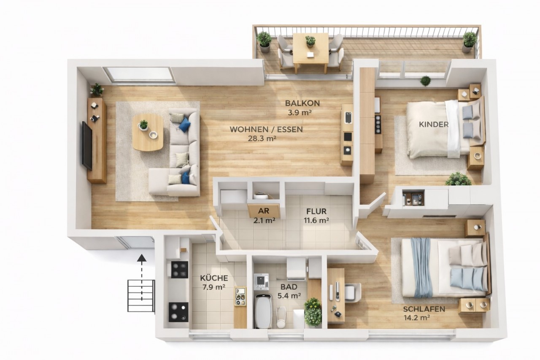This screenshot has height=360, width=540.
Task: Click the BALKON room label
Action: pos(302,103)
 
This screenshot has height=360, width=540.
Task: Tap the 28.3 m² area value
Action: pos(262,139)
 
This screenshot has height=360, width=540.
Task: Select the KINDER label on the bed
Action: pos(434,125)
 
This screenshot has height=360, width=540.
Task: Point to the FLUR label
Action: pos(316,211)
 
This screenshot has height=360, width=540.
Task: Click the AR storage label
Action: pos(264,211)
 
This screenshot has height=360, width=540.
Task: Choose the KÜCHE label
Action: pos(214,278)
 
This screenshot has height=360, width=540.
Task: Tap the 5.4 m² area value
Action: pos(289,296)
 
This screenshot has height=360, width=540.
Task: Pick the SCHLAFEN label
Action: pos(424,309)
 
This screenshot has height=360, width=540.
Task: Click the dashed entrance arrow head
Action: pos(141,258)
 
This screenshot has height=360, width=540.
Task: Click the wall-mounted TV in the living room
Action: pos(87,146)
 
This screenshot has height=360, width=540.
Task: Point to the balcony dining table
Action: pos(310,51)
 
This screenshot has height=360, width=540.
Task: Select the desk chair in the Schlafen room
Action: pos(353,292)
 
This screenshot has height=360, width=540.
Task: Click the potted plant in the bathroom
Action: pos(313,311)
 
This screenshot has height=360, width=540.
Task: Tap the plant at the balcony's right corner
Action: pos(469,42)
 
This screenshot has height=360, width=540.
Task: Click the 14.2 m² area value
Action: pos(416,318)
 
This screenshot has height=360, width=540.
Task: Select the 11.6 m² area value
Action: pos(316,220)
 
